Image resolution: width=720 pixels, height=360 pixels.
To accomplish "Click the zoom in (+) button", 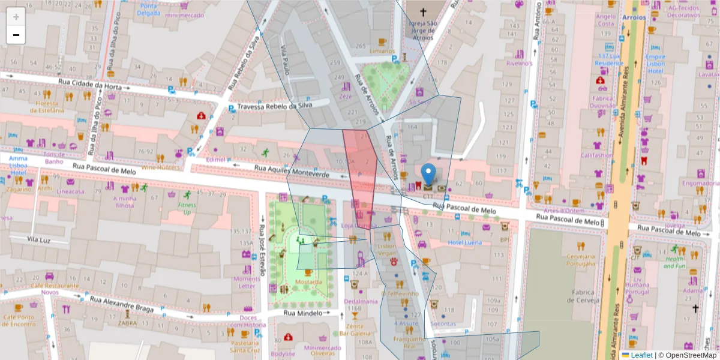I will point(16,16).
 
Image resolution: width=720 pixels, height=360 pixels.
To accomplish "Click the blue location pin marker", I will point(428,173).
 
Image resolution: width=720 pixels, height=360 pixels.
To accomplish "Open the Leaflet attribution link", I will point(641,355).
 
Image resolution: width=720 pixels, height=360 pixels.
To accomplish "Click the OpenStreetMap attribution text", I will point(688,355).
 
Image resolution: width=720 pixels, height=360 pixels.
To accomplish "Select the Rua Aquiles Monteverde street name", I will point(292,171).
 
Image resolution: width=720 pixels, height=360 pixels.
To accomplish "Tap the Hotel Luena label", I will point(464,242).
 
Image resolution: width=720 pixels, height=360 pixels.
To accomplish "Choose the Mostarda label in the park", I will point(308,281).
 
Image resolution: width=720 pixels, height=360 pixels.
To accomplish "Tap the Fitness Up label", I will point(187,208).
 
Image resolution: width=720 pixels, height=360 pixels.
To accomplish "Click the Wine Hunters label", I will point(160,168).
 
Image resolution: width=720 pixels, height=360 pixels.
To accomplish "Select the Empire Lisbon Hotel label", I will point(655,64).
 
